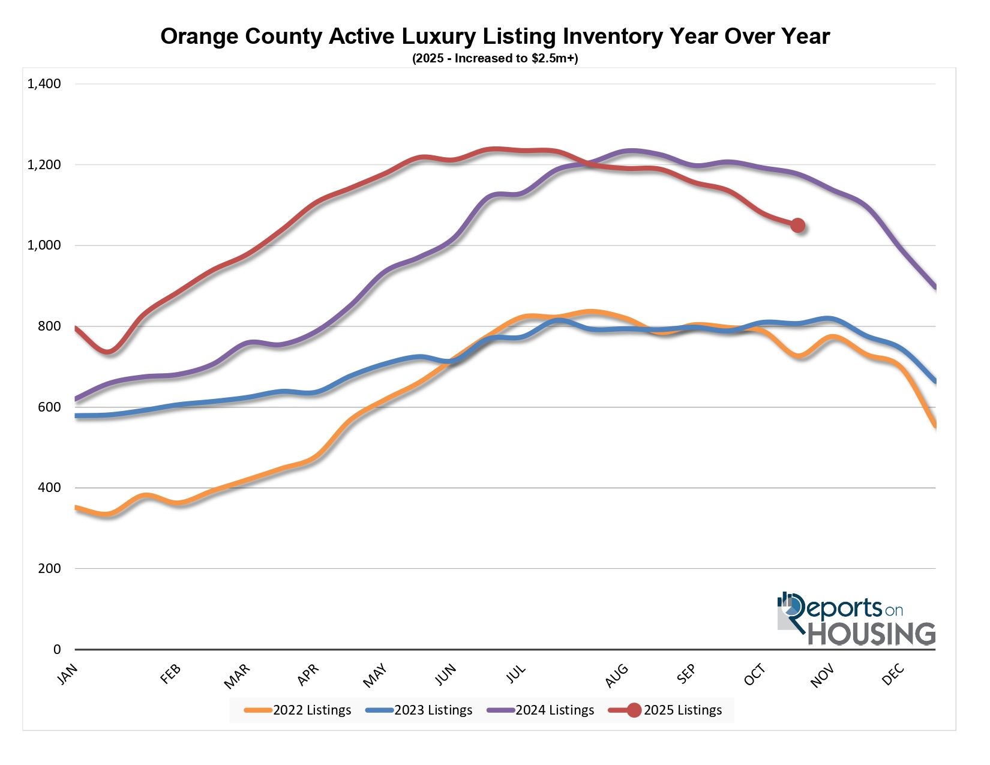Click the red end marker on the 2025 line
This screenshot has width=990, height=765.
point(797,226)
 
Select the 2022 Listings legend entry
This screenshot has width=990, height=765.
point(311,710)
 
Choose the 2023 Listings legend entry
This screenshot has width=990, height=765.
point(433,710)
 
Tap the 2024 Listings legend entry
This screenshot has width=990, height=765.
point(554,710)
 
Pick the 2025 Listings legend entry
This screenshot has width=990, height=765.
point(682,710)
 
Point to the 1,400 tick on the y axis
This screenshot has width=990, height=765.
point(44,84)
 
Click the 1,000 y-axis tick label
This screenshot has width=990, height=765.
point(44,245)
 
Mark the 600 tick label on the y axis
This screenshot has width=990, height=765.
point(49,407)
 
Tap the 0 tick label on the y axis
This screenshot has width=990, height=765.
point(57,649)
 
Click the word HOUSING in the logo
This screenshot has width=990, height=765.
point(872,634)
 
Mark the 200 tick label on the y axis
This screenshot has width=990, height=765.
point(49,568)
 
